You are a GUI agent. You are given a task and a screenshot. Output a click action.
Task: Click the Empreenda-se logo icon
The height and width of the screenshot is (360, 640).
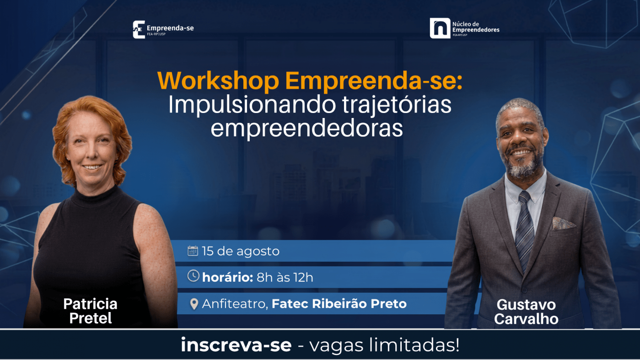coord(139,29)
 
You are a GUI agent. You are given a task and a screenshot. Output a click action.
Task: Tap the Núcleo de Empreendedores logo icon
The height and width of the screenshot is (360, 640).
coord(440,28)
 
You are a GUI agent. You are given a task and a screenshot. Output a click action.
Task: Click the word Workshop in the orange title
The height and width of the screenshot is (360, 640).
coord(218,81)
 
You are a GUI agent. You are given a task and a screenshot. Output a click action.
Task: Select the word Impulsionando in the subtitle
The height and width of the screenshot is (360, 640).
coord(252,105)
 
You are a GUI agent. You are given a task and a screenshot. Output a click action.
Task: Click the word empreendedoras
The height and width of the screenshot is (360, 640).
coord(307,129)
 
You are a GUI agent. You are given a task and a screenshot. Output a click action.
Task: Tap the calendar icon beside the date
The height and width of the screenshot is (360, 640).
coord(193,251)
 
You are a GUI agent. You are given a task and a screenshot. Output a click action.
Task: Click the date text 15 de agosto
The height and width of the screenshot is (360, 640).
coord(241,251)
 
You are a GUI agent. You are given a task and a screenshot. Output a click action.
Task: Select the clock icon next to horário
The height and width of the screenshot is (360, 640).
coord(194,276)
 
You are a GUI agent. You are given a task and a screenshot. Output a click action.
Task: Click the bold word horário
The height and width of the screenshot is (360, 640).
coord(227,277)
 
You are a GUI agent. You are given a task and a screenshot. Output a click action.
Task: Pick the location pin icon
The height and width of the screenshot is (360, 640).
coord(194,304)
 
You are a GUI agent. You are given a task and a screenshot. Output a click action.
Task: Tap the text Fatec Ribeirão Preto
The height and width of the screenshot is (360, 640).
coord(339,304)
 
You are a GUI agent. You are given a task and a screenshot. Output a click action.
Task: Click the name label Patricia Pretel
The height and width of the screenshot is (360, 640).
coord(90,311)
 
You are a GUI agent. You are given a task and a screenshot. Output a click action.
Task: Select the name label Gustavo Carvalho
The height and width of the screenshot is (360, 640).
coord(526,312)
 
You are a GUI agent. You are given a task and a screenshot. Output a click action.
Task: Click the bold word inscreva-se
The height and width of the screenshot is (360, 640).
coord(237,345)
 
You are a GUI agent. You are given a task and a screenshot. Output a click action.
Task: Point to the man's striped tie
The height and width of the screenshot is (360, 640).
coord(525,229)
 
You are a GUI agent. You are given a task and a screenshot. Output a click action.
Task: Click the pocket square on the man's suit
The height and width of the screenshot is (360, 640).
coord(563,223)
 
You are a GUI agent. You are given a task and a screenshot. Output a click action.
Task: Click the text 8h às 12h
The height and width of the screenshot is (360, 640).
coord(285,277)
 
